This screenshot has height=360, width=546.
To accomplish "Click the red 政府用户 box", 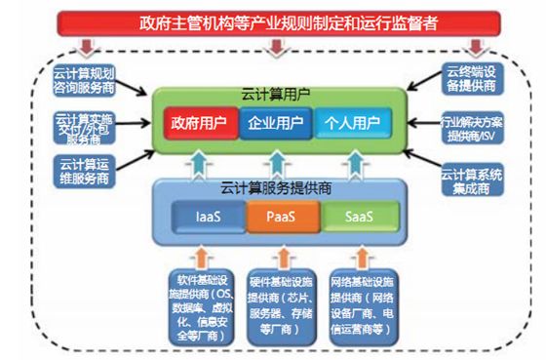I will (200, 124).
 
